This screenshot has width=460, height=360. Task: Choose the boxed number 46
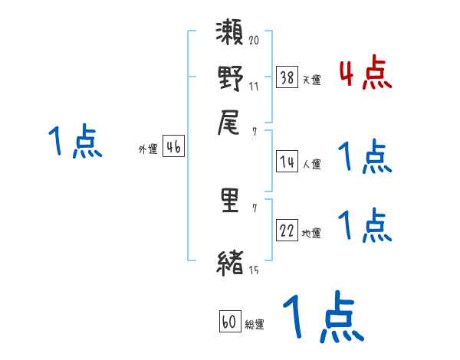coord(173,148)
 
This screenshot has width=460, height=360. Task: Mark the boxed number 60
coord(229,322)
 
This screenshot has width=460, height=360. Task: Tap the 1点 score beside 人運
coord(365,157)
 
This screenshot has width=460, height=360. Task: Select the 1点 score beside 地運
coord(365,226)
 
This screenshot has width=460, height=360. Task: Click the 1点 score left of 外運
coord(75,142)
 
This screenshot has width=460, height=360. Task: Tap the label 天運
coord(311,80)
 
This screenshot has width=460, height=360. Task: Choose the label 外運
coord(148,150)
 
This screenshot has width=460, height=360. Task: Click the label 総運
coord(254,325)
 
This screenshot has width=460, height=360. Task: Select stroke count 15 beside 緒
coord(254,270)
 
